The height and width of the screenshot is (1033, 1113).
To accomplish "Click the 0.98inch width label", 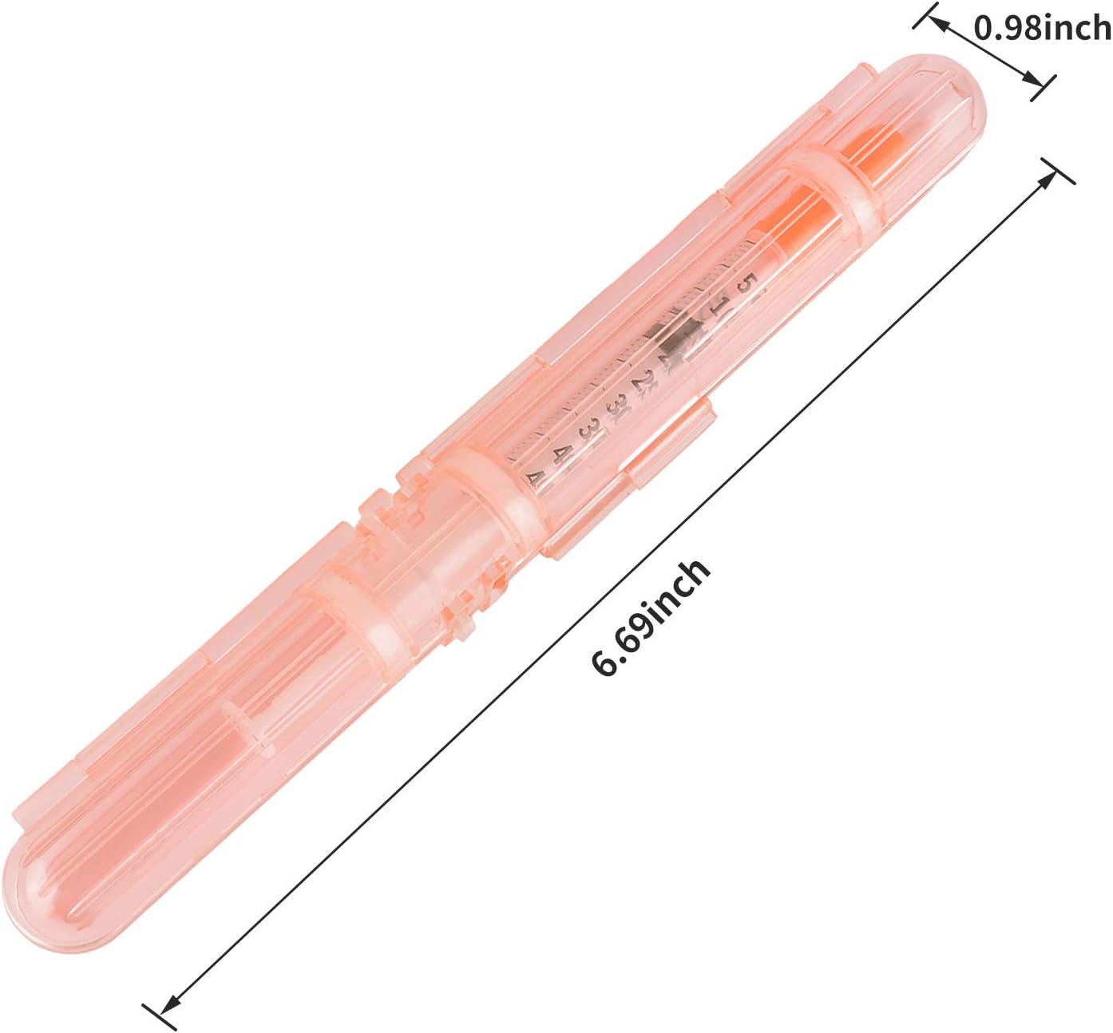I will [x=1043, y=28].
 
